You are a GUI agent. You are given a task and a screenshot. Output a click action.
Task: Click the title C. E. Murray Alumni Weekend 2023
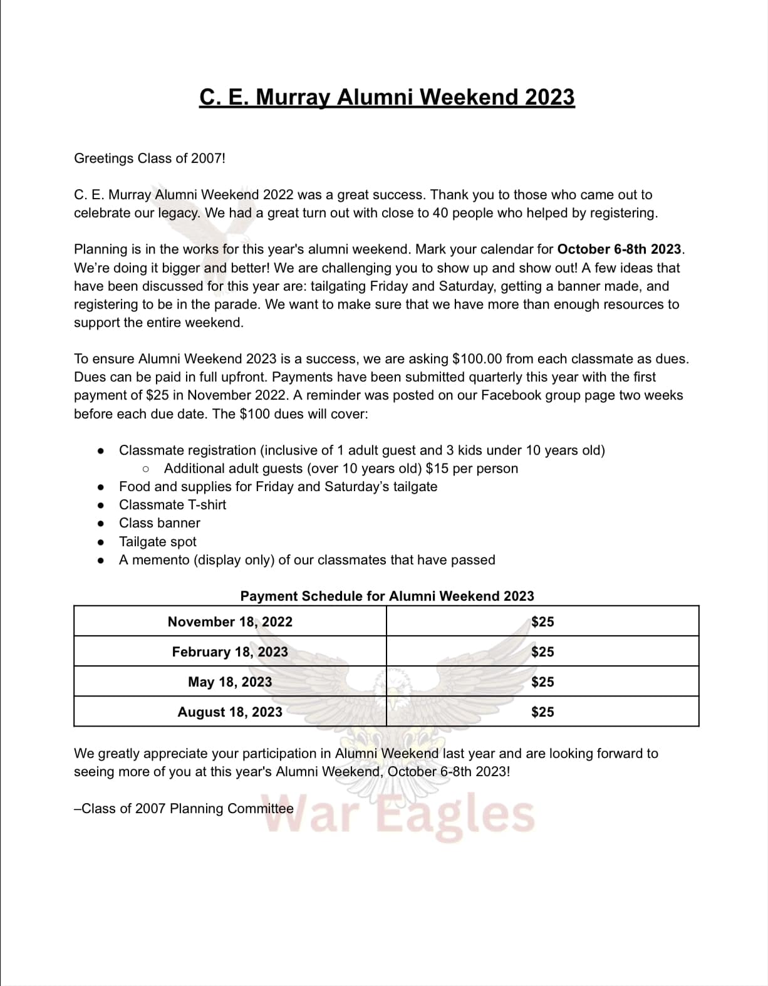[387, 97]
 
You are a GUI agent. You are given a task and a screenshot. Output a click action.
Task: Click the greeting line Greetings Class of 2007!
[149, 158]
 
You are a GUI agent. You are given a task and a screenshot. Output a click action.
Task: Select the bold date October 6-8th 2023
[618, 249]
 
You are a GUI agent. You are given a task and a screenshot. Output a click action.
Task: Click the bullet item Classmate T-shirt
[172, 505]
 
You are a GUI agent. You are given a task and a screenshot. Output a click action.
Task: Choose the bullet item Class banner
[160, 523]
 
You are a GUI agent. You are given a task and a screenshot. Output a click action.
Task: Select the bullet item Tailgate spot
[157, 542]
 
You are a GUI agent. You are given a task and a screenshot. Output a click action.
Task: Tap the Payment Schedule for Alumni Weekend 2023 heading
[387, 596]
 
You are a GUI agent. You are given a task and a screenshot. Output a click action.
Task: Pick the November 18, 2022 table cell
[230, 621]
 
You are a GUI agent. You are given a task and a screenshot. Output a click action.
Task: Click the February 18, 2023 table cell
[230, 651]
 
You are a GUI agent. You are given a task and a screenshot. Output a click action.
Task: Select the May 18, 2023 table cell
[230, 682]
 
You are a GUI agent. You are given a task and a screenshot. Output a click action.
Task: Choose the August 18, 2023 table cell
[230, 712]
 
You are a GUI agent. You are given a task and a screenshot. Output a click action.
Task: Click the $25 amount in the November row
[542, 621]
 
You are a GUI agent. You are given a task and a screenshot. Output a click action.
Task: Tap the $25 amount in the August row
[542, 712]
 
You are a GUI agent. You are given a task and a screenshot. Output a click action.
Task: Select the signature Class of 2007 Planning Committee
[184, 809]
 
